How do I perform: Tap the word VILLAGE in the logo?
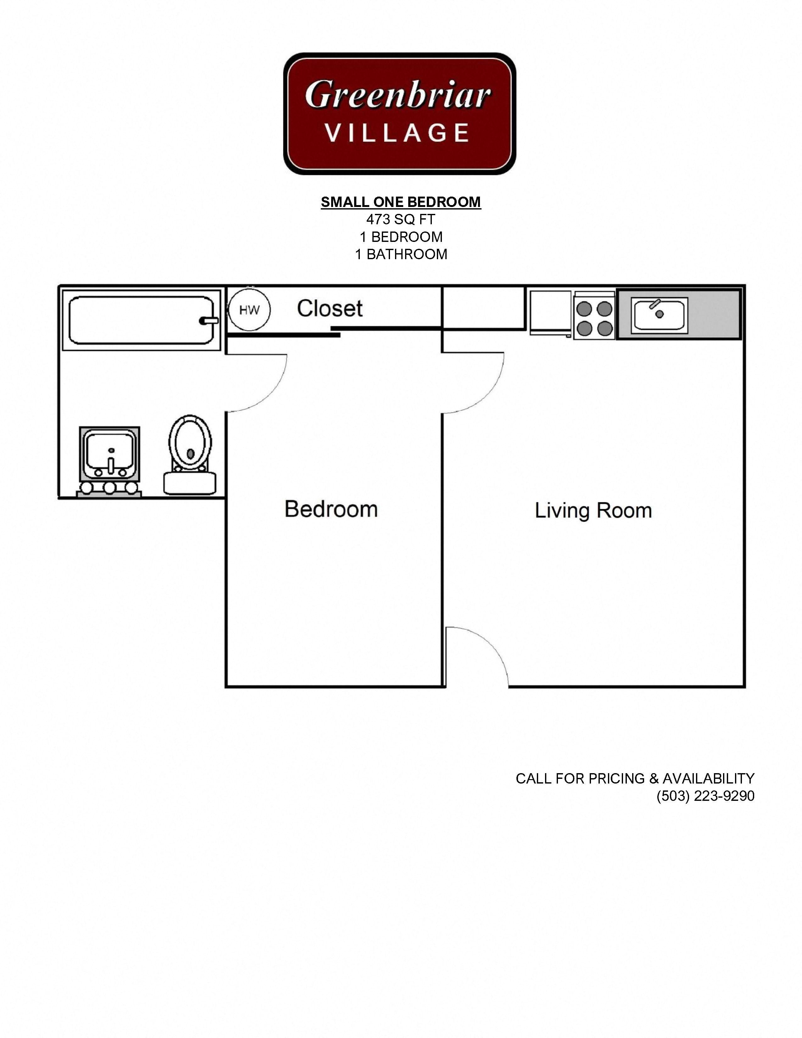(x=398, y=133)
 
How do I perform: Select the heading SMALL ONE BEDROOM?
(x=400, y=202)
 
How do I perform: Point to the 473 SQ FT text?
(x=400, y=220)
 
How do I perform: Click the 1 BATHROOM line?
(x=400, y=254)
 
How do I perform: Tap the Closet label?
(x=330, y=309)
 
